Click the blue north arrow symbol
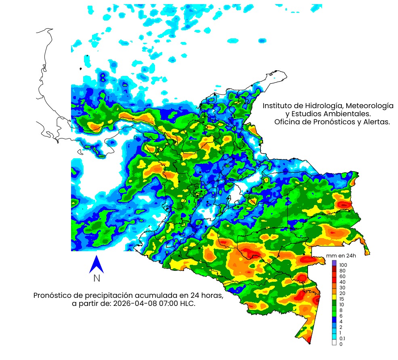tap(96, 264)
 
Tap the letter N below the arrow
tap(96, 278)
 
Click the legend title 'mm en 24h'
tap(341, 256)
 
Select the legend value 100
tap(343, 265)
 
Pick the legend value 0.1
tap(342, 338)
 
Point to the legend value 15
tap(342, 299)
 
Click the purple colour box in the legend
tap(334, 263)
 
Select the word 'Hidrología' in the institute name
tap(323, 106)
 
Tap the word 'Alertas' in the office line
tap(377, 122)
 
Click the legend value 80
tap(342, 270)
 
